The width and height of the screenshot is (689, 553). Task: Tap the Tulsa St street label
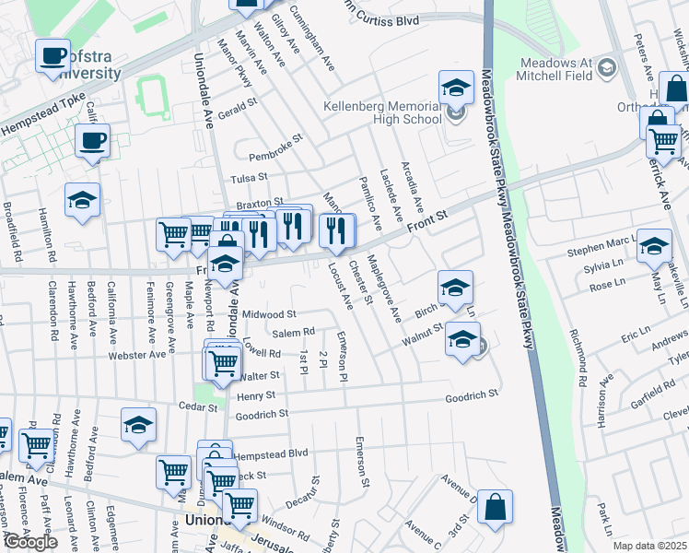[249, 177]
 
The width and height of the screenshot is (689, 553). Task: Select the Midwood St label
[269, 314]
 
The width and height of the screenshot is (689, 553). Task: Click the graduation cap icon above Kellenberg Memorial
[455, 88]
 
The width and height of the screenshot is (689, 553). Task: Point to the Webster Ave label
[137, 354]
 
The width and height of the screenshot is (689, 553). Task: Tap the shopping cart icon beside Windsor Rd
[239, 504]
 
